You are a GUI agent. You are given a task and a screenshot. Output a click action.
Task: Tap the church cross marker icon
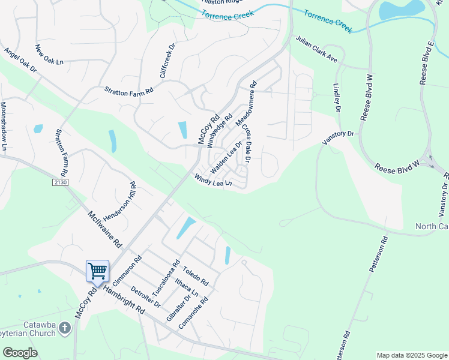tap(65, 328)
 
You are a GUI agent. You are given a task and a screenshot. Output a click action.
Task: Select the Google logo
tap(20, 353)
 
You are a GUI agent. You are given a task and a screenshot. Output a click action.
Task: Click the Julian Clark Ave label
tap(316, 49)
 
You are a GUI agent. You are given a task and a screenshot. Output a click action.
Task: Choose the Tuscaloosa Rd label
tap(166, 277)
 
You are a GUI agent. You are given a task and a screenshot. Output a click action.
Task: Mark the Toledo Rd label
tap(196, 276)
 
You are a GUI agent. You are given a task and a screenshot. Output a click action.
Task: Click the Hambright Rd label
tap(124, 299)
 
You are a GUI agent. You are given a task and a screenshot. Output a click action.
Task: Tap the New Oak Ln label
tap(49, 55)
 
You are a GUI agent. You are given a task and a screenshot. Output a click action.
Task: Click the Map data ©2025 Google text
tap(411, 355)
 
